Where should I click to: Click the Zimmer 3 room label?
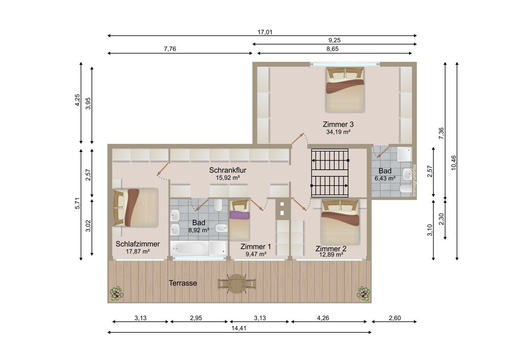(338, 124)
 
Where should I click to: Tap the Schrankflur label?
(227, 170)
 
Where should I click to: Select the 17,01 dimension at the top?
(265, 32)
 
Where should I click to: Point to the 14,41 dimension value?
(239, 328)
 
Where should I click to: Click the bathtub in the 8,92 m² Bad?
(189, 249)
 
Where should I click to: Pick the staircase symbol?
(330, 173)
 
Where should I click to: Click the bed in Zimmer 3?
(345, 90)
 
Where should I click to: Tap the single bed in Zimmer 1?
(240, 220)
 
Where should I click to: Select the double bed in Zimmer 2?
(340, 222)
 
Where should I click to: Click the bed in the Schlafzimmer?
(136, 208)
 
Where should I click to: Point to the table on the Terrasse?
(237, 284)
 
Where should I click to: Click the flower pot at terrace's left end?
(116, 293)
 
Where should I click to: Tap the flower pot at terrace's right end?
(364, 293)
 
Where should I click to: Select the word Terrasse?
(183, 283)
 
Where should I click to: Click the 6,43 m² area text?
(385, 178)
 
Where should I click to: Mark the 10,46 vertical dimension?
(454, 162)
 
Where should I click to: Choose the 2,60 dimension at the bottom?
(395, 318)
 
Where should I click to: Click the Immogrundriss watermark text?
(414, 181)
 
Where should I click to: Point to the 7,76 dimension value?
(170, 49)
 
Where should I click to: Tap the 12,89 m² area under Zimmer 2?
(331, 255)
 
